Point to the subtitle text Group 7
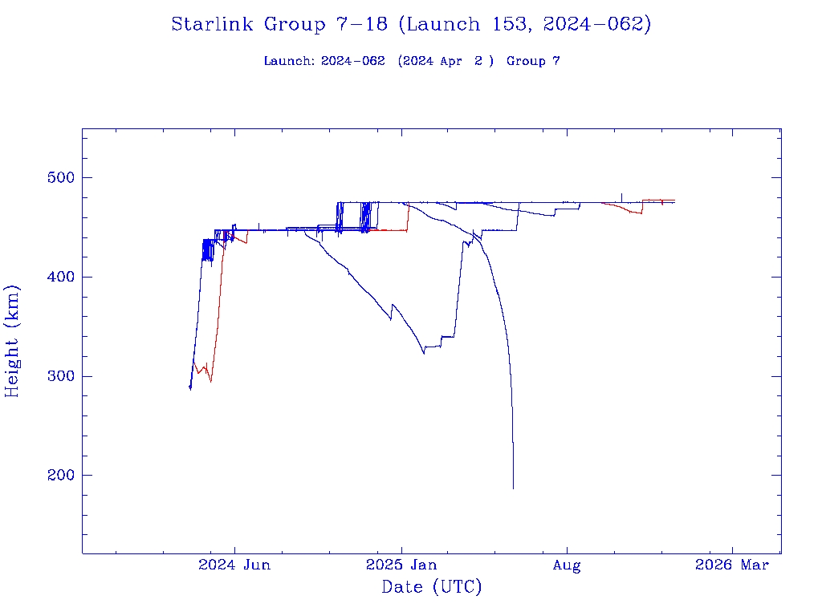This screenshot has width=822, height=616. pyautogui.click(x=533, y=61)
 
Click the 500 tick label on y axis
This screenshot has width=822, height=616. pyautogui.click(x=55, y=177)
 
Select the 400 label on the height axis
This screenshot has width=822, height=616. pyautogui.click(x=55, y=277)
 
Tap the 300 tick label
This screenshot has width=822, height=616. pyautogui.click(x=55, y=376)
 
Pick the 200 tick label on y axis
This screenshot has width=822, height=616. pyautogui.click(x=55, y=476)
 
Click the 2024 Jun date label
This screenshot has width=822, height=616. pyautogui.click(x=234, y=565)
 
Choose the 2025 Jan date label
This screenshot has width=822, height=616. pyautogui.click(x=401, y=565)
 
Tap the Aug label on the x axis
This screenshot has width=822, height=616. pyautogui.click(x=567, y=565)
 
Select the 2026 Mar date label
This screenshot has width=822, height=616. pyautogui.click(x=732, y=565)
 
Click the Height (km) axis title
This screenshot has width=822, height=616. pyautogui.click(x=13, y=341)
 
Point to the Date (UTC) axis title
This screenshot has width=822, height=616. pyautogui.click(x=432, y=587)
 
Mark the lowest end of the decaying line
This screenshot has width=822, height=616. pyautogui.click(x=513, y=488)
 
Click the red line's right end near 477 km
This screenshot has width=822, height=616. pyautogui.click(x=674, y=200)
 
